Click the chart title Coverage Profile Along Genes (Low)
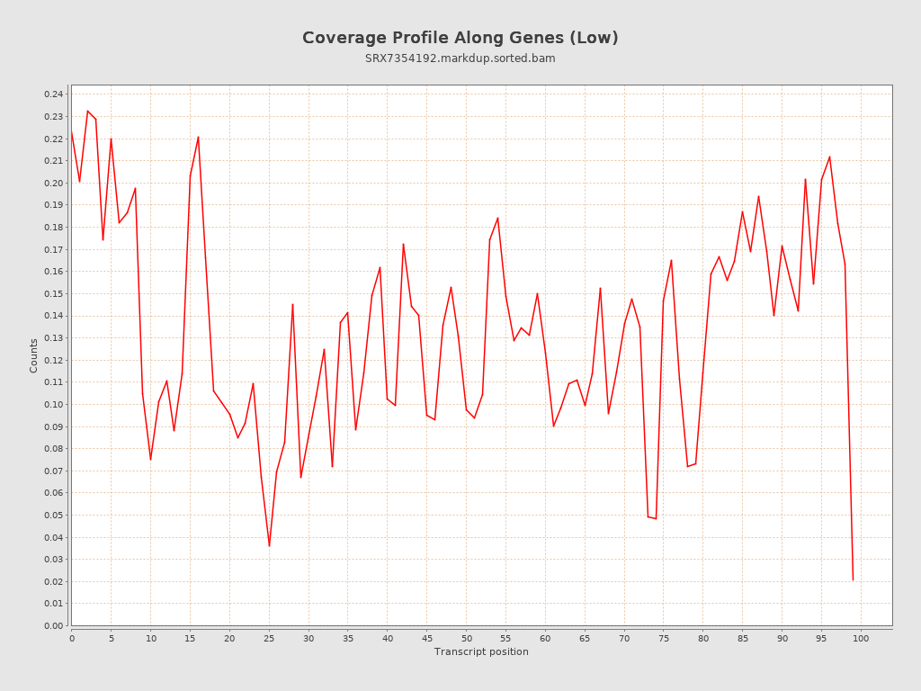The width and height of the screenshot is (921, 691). pos(460,38)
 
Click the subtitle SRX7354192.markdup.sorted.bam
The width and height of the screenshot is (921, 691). pos(460,58)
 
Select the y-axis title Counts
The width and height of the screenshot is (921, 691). pos(34,355)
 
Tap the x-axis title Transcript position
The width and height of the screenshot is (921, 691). pos(481,651)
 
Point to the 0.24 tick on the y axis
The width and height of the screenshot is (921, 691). pos(53,94)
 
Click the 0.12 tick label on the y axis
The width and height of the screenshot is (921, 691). pos(53,360)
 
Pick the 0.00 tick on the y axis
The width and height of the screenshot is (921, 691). pos(53,625)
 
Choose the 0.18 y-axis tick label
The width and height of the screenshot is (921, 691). pos(53,227)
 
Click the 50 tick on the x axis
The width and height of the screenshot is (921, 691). pos(466,638)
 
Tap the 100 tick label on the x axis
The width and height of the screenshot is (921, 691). pos(861,638)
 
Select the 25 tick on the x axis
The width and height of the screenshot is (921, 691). pos(269,638)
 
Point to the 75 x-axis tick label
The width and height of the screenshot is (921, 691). pos(664,638)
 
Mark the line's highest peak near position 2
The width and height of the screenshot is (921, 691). pos(87,111)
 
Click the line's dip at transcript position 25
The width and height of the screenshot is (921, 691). pos(269,545)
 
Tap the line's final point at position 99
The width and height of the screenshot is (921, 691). pos(853,579)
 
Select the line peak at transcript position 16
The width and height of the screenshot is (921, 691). pos(198,137)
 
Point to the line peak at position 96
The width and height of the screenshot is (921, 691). pos(829,157)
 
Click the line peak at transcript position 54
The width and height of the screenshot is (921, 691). pos(497,218)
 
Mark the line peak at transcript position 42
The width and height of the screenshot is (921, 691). pos(403,244)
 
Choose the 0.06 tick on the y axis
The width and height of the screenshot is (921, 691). pos(53,493)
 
